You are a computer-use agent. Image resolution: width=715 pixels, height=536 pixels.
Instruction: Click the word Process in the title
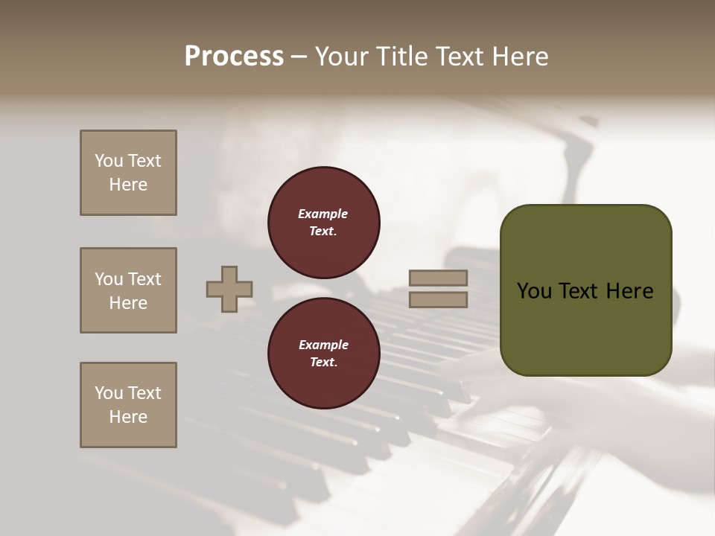(x=234, y=57)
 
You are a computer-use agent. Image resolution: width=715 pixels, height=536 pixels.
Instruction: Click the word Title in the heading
(x=400, y=57)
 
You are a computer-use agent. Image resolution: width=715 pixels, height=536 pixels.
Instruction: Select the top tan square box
(x=128, y=173)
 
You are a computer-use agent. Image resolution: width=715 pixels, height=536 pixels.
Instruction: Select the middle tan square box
(x=128, y=290)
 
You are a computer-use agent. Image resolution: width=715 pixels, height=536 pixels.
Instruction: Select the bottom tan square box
(x=128, y=405)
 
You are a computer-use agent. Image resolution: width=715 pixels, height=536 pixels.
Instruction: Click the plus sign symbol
(x=229, y=289)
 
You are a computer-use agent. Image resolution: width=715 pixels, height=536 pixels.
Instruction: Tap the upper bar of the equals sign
(x=438, y=278)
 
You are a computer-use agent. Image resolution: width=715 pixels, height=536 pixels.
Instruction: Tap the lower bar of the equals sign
(x=438, y=299)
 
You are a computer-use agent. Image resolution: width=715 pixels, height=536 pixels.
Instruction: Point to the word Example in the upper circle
(x=322, y=214)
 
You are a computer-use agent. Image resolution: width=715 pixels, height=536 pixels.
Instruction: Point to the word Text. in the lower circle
(x=323, y=362)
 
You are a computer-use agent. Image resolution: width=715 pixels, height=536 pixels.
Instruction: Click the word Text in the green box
(x=579, y=291)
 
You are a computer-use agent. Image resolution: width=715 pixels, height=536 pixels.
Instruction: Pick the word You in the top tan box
(x=109, y=161)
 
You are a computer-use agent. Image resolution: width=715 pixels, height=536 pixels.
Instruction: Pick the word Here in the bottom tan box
(x=128, y=417)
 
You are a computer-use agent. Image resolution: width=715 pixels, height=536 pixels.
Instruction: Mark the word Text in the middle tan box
(x=144, y=279)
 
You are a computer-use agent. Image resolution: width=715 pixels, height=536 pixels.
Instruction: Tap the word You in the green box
(x=534, y=291)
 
